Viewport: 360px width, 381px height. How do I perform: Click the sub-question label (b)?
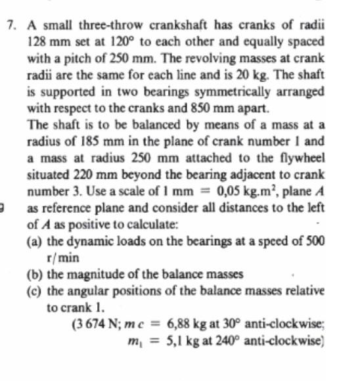click(35, 274)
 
